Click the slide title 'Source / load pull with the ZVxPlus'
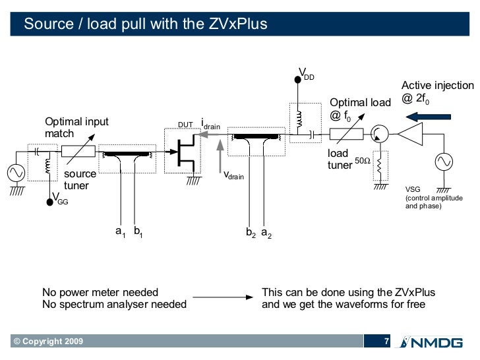tap(146, 24)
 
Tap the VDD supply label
tap(307, 73)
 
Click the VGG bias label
tap(59, 200)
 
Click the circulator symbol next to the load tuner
tap(379, 135)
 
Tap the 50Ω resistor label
tap(363, 161)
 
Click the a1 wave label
tap(120, 231)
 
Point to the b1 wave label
tap(138, 231)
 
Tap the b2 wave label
tap(251, 233)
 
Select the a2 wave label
tap(266, 233)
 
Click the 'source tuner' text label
tap(80, 180)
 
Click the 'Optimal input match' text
tap(76, 127)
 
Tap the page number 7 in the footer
tap(388, 341)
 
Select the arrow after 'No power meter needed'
tap(223, 298)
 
